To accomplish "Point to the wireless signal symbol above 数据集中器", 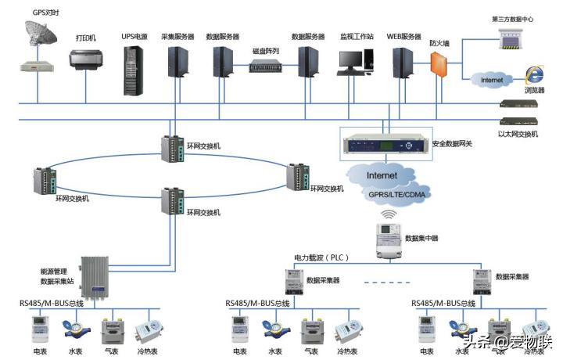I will pos(388,213).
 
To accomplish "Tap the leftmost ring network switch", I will pos(41,181).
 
